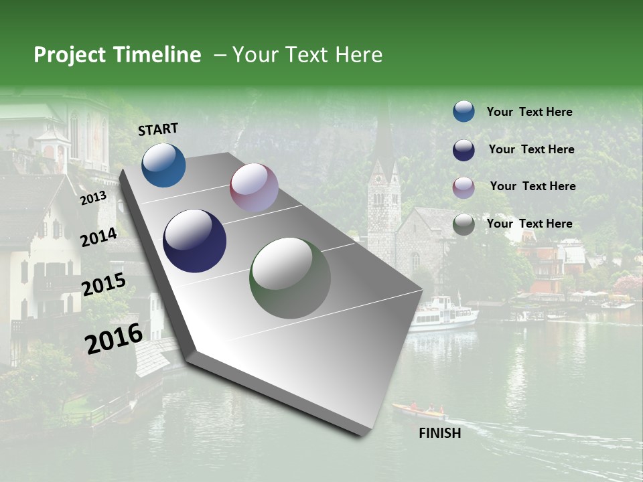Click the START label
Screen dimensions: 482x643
point(158,129)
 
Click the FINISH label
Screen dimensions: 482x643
point(439,433)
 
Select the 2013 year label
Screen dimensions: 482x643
point(93,198)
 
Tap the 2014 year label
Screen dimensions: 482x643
point(98,238)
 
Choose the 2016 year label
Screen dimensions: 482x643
point(114,339)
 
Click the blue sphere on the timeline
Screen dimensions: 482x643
point(163,165)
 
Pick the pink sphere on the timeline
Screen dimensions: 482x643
point(254,187)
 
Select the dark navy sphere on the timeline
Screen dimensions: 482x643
point(194,241)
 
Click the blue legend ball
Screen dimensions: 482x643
point(463,111)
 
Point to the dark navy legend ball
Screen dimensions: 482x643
point(463,150)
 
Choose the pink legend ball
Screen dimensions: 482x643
point(463,187)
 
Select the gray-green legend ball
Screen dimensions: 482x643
point(463,224)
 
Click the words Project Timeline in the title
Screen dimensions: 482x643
point(117,55)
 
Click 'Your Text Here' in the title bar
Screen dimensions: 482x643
point(307,55)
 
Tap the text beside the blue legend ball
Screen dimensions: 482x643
point(529,112)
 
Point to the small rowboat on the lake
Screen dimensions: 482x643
point(419,409)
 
